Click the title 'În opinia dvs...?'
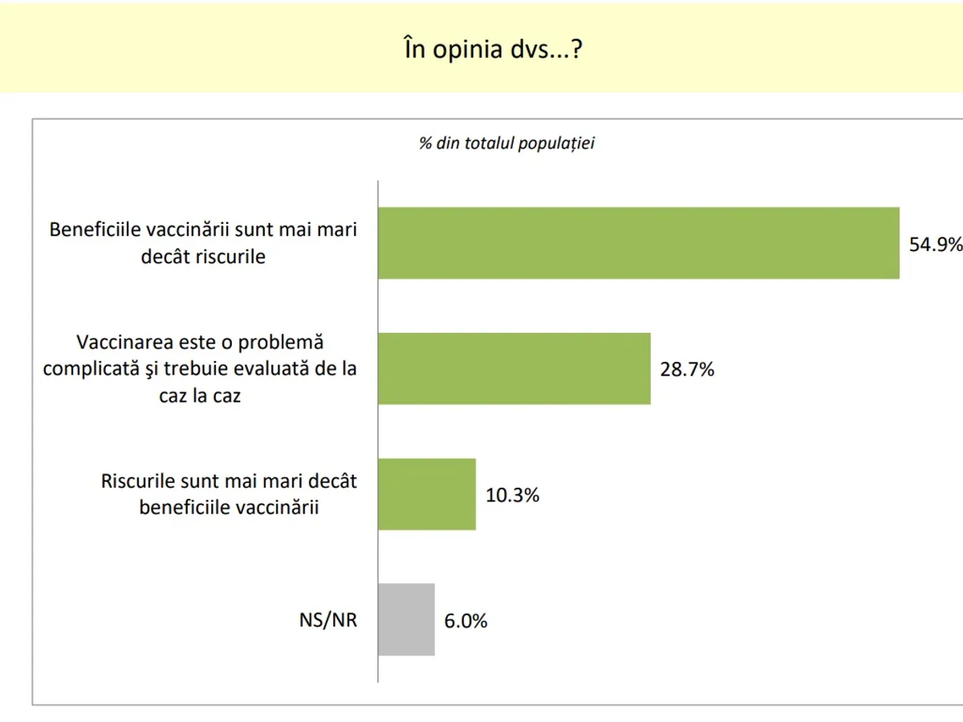click(492, 51)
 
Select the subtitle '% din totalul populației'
click(506, 144)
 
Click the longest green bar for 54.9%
click(638, 243)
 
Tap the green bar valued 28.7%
click(514, 368)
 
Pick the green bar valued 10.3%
click(427, 494)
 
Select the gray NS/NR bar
click(406, 619)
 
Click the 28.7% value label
click(687, 370)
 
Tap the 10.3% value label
click(512, 495)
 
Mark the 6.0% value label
click(465, 621)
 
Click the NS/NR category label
click(323, 621)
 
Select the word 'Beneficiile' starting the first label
click(94, 229)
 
